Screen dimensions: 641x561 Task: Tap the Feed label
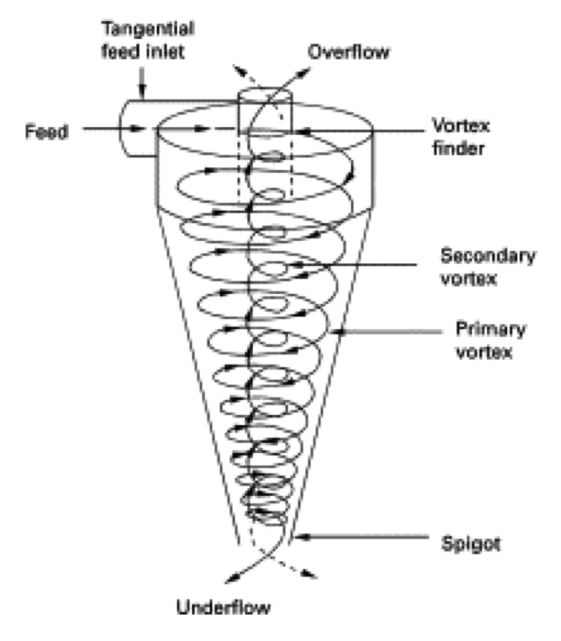44,132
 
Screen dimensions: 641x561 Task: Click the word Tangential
146,30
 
